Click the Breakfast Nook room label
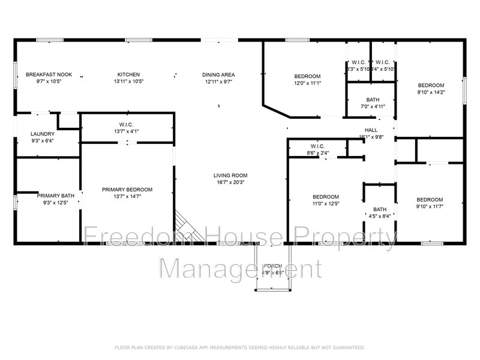click(x=49, y=74)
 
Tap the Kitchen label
click(x=128, y=74)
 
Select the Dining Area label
click(x=218, y=74)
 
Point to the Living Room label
click(x=230, y=176)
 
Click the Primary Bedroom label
click(x=127, y=190)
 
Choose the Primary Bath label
click(x=55, y=195)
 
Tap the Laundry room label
click(x=43, y=134)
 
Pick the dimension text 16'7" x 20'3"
click(x=230, y=182)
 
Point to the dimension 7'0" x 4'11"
click(x=373, y=107)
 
